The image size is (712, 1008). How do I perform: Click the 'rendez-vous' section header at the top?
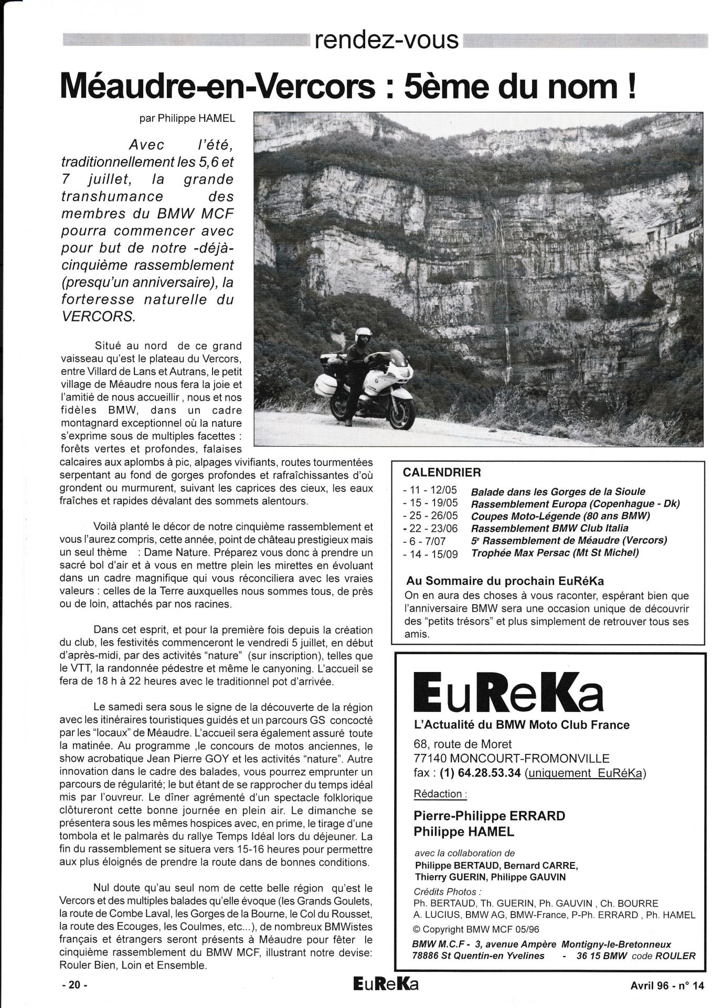387,40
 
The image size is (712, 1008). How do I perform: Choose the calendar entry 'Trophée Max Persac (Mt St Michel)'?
555,553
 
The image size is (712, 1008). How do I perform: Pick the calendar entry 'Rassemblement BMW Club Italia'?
549,528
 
